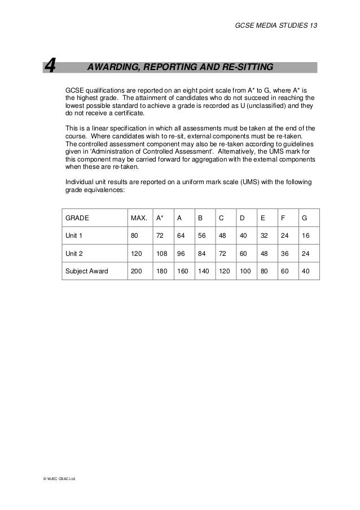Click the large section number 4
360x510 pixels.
(x=50, y=68)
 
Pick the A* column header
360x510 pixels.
(x=160, y=217)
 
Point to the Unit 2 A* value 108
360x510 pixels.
(x=161, y=253)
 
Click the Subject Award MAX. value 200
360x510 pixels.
(x=137, y=271)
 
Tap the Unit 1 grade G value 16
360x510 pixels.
(x=306, y=235)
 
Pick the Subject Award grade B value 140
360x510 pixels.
(x=203, y=271)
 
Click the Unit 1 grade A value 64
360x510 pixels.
(x=181, y=235)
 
